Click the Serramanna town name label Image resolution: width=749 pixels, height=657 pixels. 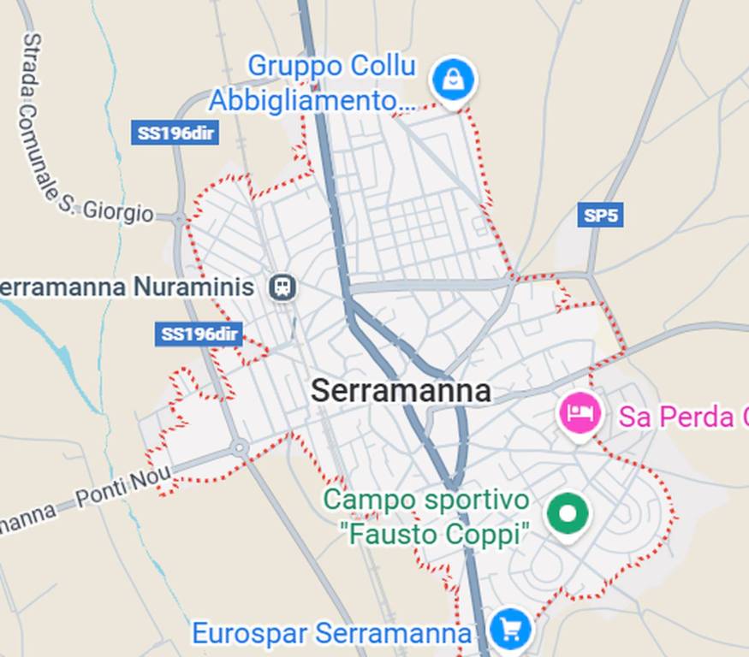pos(401,391)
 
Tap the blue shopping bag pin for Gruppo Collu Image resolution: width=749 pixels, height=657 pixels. pos(453,80)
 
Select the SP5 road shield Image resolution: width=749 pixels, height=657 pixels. pos(599,215)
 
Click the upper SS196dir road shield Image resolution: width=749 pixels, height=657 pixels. pos(175,133)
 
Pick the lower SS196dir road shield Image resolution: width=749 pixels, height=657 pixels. pos(199,334)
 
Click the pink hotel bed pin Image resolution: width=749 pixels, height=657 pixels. pos(580,413)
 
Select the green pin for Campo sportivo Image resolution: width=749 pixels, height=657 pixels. pos(568,514)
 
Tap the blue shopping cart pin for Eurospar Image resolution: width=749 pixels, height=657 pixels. pos(510,630)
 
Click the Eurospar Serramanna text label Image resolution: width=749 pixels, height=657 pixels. pos(331,634)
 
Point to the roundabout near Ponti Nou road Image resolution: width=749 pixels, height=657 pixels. pos(240,447)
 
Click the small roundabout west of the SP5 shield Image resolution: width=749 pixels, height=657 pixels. pos(513,276)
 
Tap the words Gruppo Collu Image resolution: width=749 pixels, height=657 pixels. pos(331,66)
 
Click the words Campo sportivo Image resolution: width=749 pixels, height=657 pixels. pos(426,500)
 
